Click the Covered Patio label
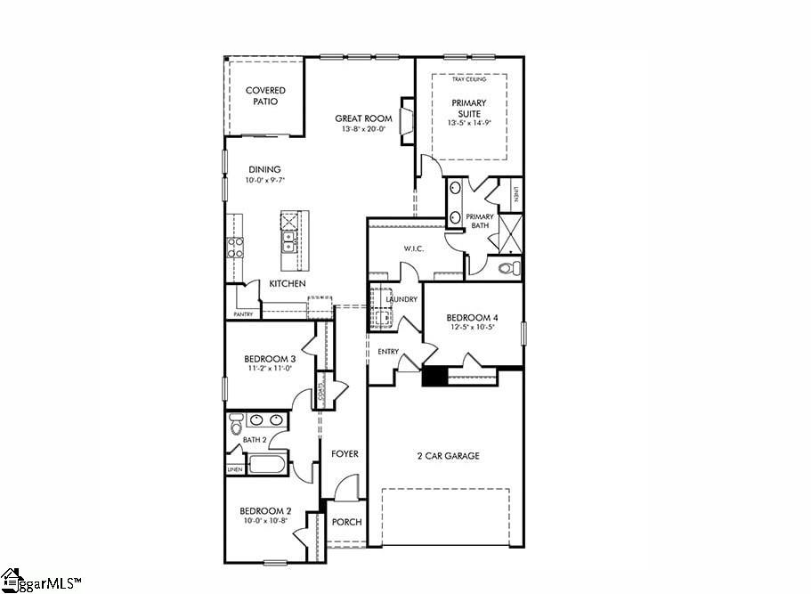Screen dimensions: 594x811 point(265,96)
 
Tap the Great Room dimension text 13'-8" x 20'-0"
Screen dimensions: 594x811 point(363,130)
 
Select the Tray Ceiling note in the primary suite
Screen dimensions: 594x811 point(469,80)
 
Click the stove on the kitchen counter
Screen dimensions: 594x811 point(235,247)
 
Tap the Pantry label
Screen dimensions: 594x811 point(243,314)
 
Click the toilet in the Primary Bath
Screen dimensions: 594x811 point(507,267)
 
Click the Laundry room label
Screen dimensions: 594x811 point(402,299)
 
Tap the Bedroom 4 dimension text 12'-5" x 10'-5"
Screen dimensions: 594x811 point(470,328)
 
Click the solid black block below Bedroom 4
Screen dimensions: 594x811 point(434,377)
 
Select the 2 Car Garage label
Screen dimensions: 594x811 point(449,456)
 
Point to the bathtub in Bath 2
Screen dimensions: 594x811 point(267,464)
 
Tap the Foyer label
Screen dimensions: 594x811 point(345,454)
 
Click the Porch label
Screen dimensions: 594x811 point(346,522)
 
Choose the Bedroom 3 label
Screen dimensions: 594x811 point(270,359)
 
